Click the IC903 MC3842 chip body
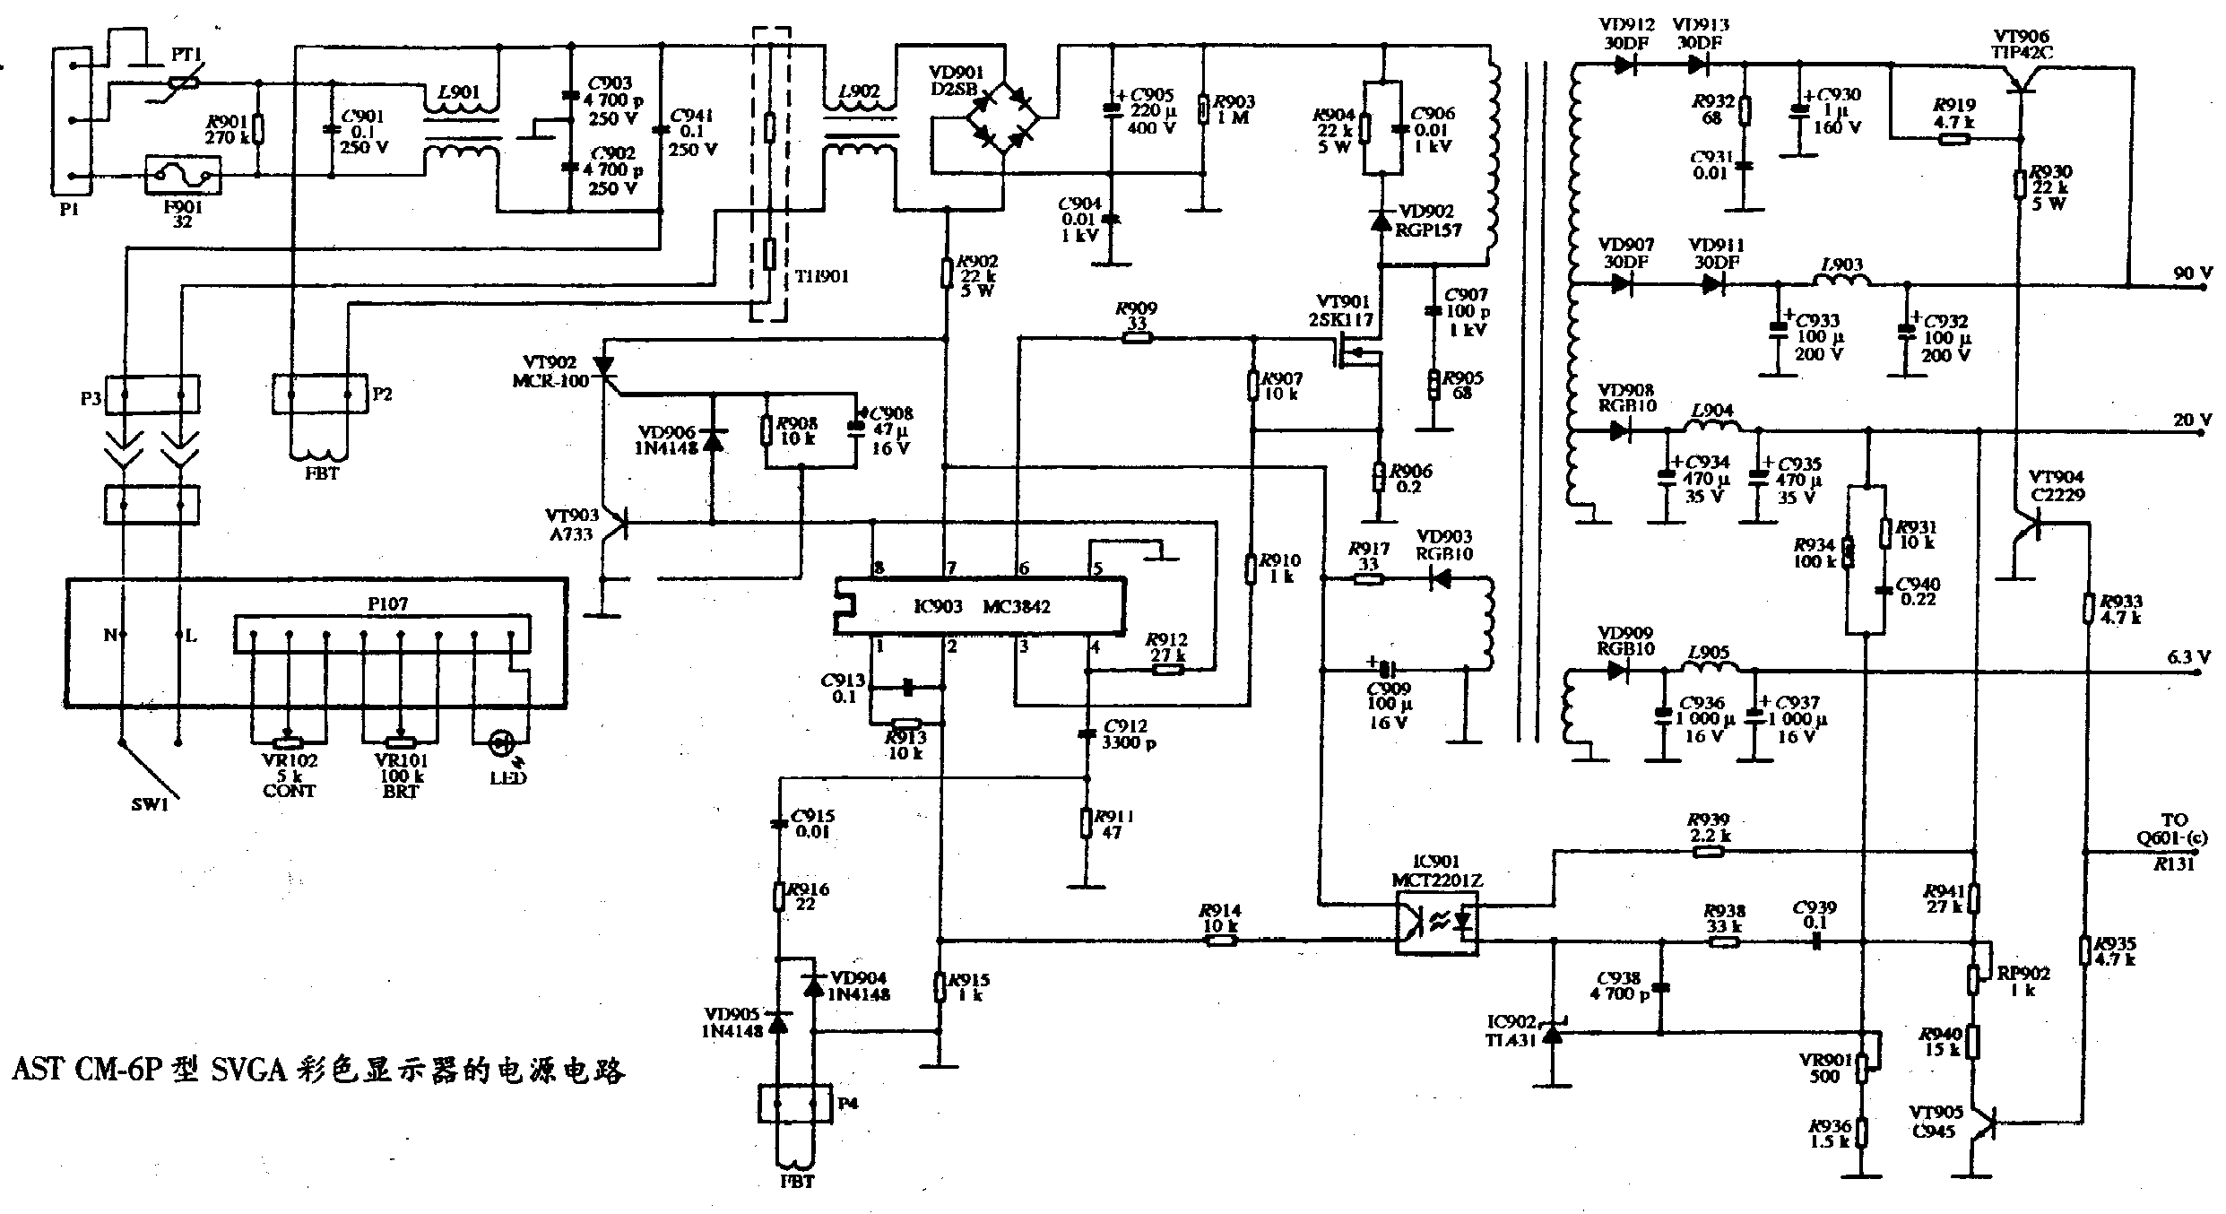click(x=979, y=607)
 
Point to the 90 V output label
click(x=2191, y=273)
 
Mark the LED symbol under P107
click(x=501, y=742)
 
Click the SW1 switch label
click(x=150, y=804)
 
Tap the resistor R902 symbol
click(x=946, y=272)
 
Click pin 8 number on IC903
click(x=879, y=568)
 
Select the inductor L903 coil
click(x=1841, y=281)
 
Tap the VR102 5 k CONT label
click(x=289, y=776)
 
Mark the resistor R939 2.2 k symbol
click(x=1708, y=852)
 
